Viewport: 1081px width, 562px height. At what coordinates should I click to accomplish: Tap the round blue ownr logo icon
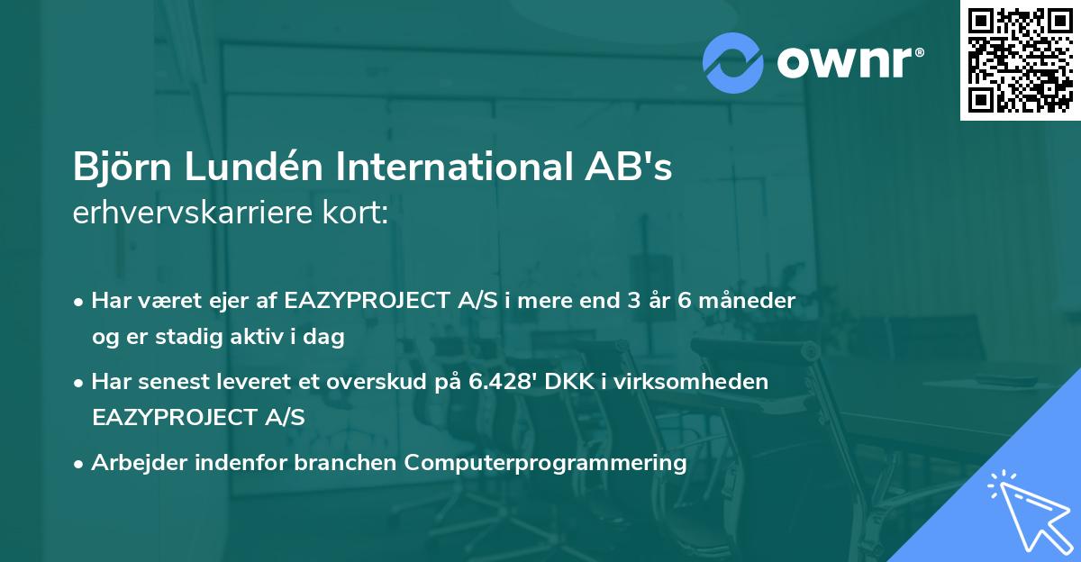pyautogui.click(x=733, y=61)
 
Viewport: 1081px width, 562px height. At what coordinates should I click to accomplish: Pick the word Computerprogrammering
pyautogui.click(x=545, y=463)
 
